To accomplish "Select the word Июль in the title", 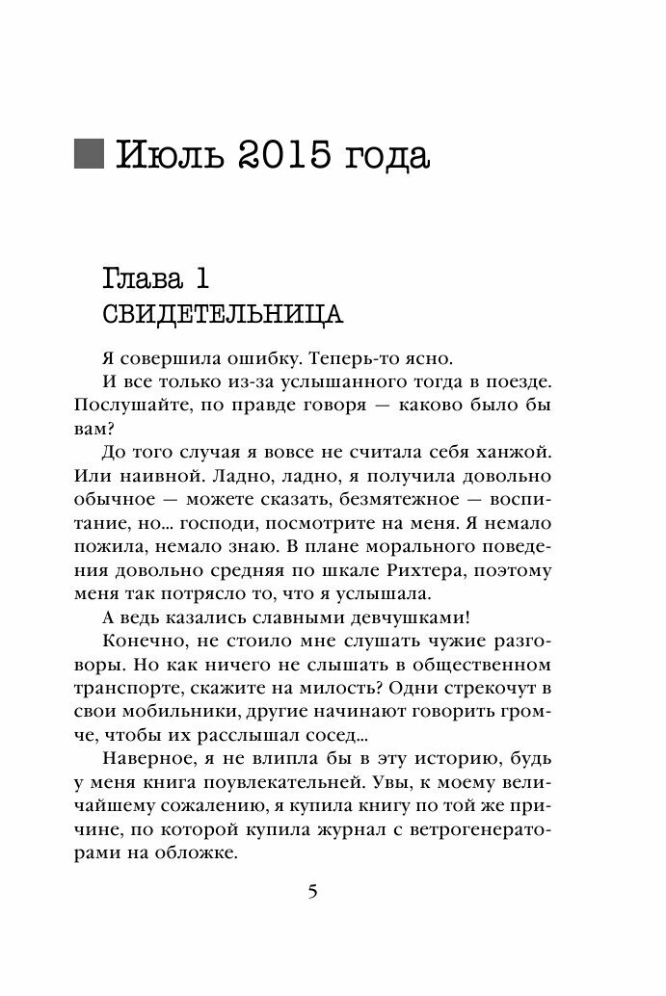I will coord(166,155).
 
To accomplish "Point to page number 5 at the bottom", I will coord(311,892).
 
